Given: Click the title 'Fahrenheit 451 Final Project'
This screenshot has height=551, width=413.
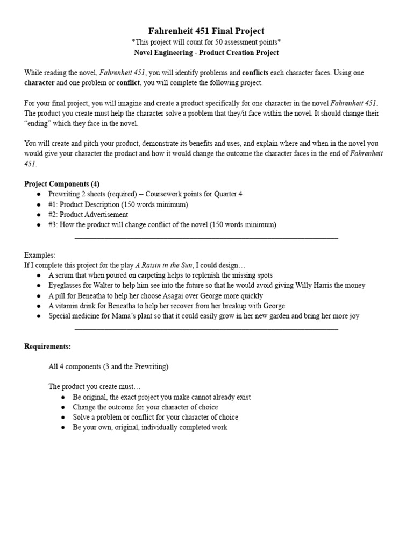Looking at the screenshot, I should pyautogui.click(x=206, y=31).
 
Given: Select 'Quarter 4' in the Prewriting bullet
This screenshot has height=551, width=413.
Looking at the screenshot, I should pyautogui.click(x=228, y=194).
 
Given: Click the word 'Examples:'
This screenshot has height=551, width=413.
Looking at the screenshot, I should pyautogui.click(x=40, y=255).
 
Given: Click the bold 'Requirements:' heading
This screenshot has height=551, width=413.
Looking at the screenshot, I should pyautogui.click(x=47, y=347).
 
